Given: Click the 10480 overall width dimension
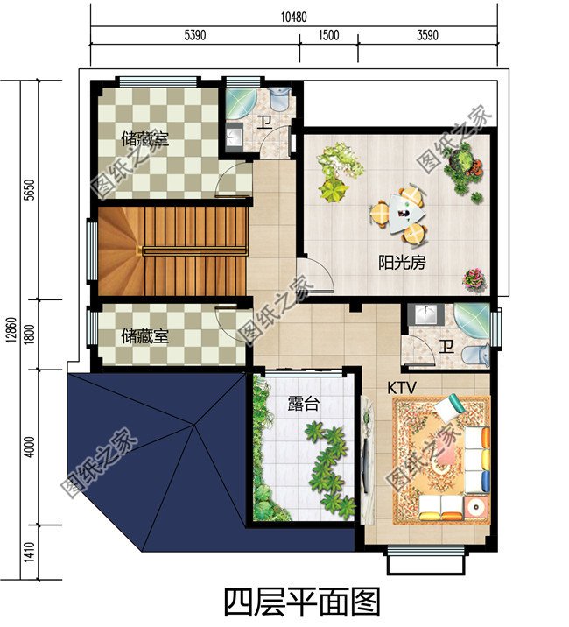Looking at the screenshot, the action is pyautogui.click(x=294, y=18).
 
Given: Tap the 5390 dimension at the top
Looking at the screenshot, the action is pyautogui.click(x=195, y=36).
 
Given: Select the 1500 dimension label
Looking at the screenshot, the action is pyautogui.click(x=328, y=36).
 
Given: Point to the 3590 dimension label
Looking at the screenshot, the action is pyautogui.click(x=427, y=36).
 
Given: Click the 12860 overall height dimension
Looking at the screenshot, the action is pyautogui.click(x=11, y=330).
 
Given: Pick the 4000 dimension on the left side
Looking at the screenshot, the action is pyautogui.click(x=30, y=447).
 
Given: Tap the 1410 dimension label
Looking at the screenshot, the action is pyautogui.click(x=30, y=553).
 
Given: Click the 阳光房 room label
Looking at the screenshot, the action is pyautogui.click(x=402, y=263).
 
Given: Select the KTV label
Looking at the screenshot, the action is pyautogui.click(x=402, y=387).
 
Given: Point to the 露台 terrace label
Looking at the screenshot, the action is pyautogui.click(x=304, y=404).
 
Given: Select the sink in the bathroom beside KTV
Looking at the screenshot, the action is pyautogui.click(x=425, y=314).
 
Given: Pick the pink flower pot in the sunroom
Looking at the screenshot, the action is pyautogui.click(x=474, y=278).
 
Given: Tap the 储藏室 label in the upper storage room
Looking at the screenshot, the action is pyautogui.click(x=144, y=139).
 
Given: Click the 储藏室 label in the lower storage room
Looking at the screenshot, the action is pyautogui.click(x=144, y=336).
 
